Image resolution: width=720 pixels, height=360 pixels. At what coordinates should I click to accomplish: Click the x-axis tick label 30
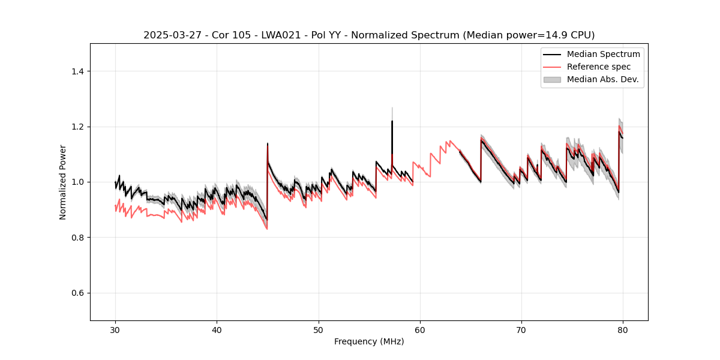(x=116, y=329)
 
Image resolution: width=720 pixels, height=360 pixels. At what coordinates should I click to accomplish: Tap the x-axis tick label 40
(x=217, y=329)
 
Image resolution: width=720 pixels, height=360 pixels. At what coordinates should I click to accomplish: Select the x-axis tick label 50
(x=319, y=329)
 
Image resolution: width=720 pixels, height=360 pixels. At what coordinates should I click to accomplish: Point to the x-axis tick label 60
(x=420, y=329)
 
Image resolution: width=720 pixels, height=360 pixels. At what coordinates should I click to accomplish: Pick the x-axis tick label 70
(x=521, y=329)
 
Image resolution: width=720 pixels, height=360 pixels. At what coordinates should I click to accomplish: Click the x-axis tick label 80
(x=623, y=329)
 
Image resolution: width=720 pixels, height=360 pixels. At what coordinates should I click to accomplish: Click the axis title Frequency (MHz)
(x=369, y=341)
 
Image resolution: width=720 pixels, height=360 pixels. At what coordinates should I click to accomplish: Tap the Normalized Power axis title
(x=63, y=182)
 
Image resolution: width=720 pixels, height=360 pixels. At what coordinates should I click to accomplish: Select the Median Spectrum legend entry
(x=603, y=54)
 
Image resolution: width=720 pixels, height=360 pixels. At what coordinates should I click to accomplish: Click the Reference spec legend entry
(x=599, y=67)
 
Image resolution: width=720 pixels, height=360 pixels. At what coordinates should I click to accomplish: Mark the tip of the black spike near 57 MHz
(x=392, y=121)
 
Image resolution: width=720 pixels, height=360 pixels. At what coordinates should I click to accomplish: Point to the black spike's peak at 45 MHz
(x=268, y=143)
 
